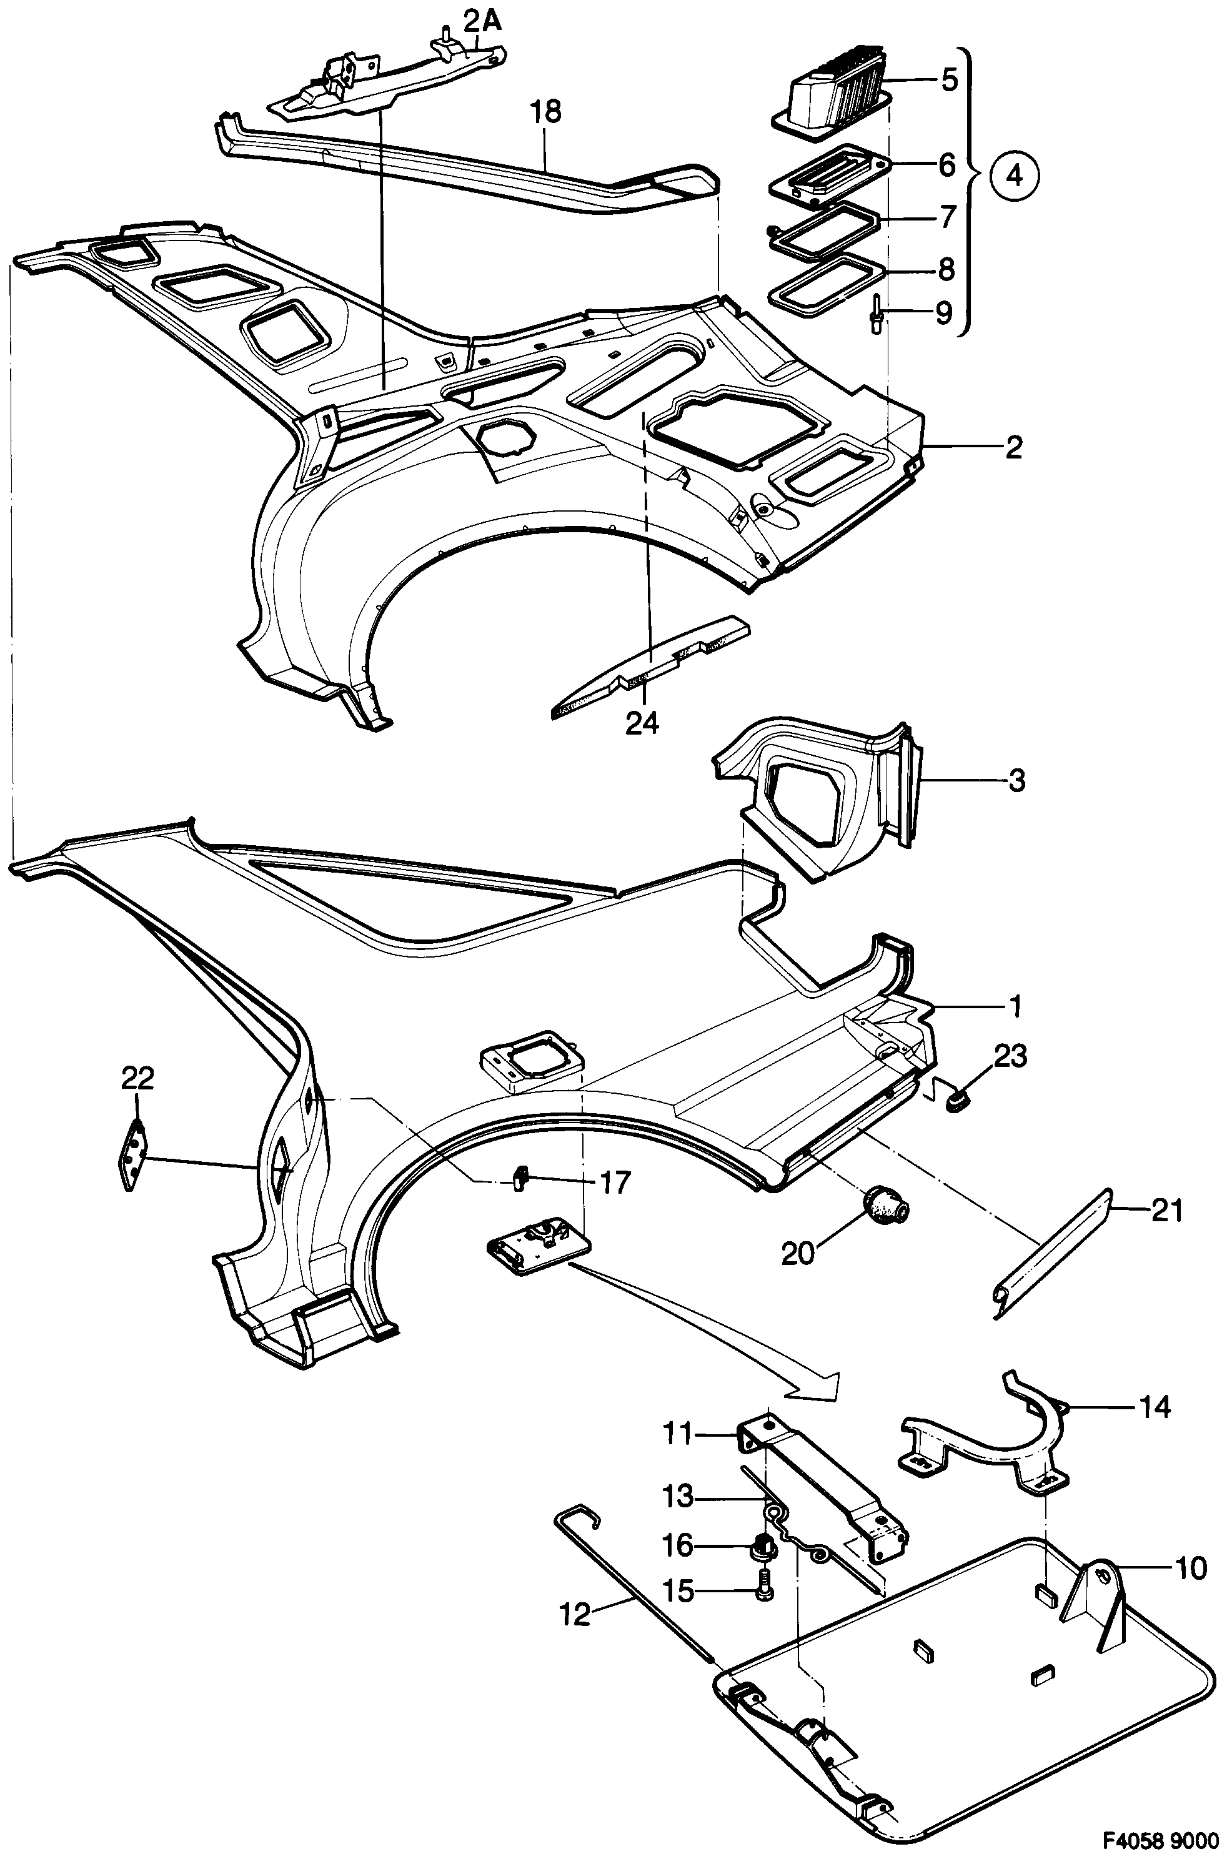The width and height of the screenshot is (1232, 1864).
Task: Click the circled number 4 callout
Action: (1015, 175)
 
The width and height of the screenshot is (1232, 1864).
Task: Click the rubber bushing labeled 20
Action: (887, 1211)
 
